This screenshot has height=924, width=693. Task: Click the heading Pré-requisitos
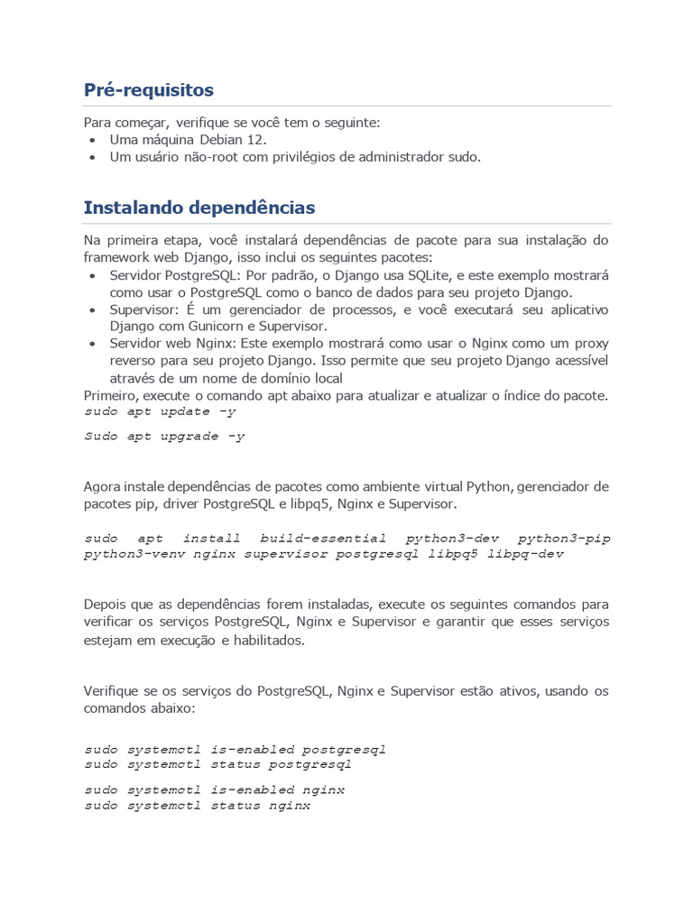coord(148,90)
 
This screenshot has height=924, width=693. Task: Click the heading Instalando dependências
coord(199,208)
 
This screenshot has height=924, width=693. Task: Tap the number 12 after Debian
coord(257,140)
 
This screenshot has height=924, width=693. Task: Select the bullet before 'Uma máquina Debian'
coord(95,141)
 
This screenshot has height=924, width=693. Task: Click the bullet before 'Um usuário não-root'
coord(95,158)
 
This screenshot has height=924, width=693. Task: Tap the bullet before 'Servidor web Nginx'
coord(95,344)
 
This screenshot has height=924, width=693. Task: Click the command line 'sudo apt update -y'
coord(161,411)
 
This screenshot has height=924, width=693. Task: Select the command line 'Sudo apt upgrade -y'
coord(165,437)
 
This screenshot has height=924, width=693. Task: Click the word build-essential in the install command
coord(323,538)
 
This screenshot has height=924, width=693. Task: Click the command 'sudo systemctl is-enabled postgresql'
coord(236,750)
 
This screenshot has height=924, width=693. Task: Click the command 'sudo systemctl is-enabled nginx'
coord(215,790)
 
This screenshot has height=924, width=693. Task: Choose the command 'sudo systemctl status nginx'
coord(198,806)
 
